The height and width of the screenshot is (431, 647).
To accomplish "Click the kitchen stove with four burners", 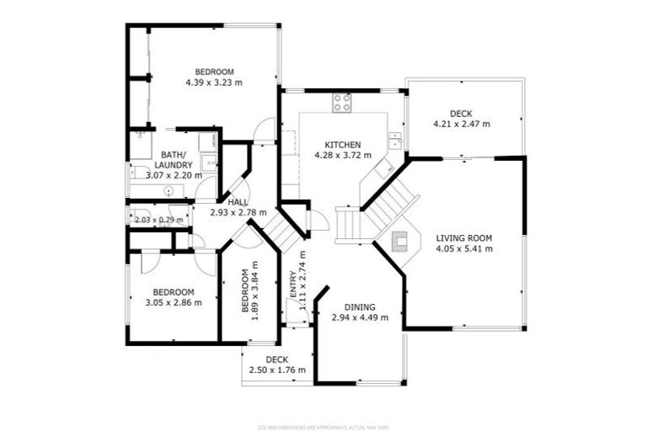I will tap(342, 103).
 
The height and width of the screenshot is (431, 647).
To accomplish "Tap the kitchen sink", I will tap(394, 139).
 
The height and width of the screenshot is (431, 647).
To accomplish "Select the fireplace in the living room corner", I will tap(402, 243).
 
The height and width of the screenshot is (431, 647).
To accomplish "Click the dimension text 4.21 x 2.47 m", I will tap(461, 125).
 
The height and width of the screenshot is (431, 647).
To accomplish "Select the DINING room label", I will tap(360, 307).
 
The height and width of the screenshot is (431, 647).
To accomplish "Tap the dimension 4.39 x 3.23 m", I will tap(214, 83).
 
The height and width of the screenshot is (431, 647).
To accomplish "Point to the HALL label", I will tap(238, 203).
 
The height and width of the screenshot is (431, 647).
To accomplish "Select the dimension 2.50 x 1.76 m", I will tap(277, 370).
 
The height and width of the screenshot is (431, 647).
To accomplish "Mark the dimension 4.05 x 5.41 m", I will tap(464, 249).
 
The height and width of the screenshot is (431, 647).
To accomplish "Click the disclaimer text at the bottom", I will tap(323, 426).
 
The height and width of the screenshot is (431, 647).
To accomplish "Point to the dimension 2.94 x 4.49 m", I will tap(360, 318).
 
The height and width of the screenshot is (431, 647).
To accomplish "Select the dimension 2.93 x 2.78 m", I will tap(238, 213).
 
